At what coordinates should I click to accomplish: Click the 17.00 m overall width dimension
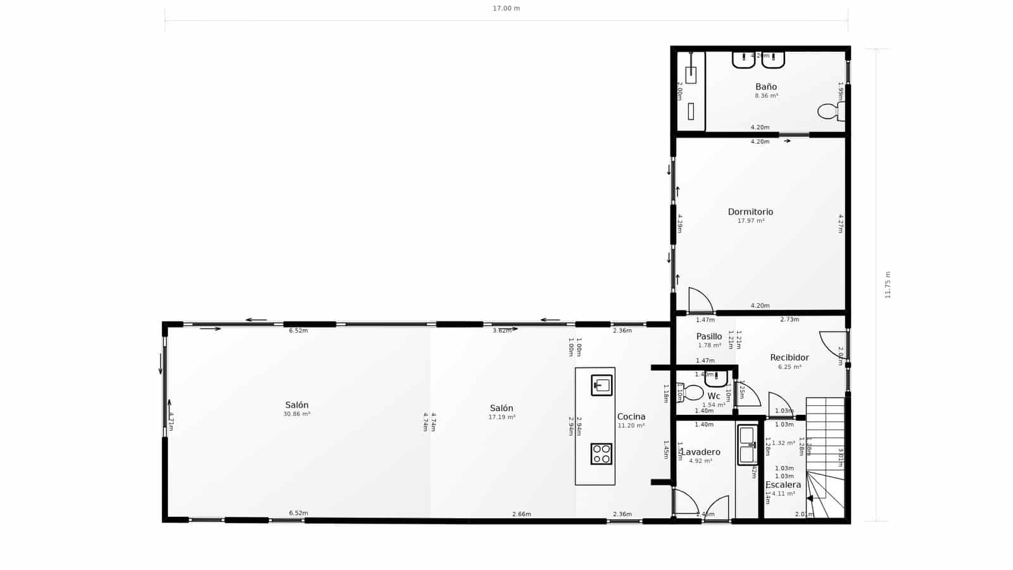[506, 9]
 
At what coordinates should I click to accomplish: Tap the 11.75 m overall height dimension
[888, 285]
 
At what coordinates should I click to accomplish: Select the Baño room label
[765, 87]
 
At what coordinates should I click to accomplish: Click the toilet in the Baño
[829, 112]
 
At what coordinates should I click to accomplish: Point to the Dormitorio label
[750, 212]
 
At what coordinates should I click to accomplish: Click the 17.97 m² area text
[750, 221]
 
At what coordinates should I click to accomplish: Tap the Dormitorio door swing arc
[700, 300]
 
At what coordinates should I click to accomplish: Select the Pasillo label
[708, 336]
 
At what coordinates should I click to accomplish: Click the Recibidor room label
[789, 357]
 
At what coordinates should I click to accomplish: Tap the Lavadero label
[700, 452]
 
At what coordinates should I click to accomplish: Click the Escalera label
[783, 484]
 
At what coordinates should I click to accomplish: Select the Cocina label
[631, 416]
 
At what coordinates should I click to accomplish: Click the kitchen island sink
[601, 385]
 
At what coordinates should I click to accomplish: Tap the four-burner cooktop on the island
[601, 453]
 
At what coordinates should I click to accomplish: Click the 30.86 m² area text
[296, 414]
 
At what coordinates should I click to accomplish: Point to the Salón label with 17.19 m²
[501, 408]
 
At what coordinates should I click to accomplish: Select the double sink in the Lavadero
[747, 445]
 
